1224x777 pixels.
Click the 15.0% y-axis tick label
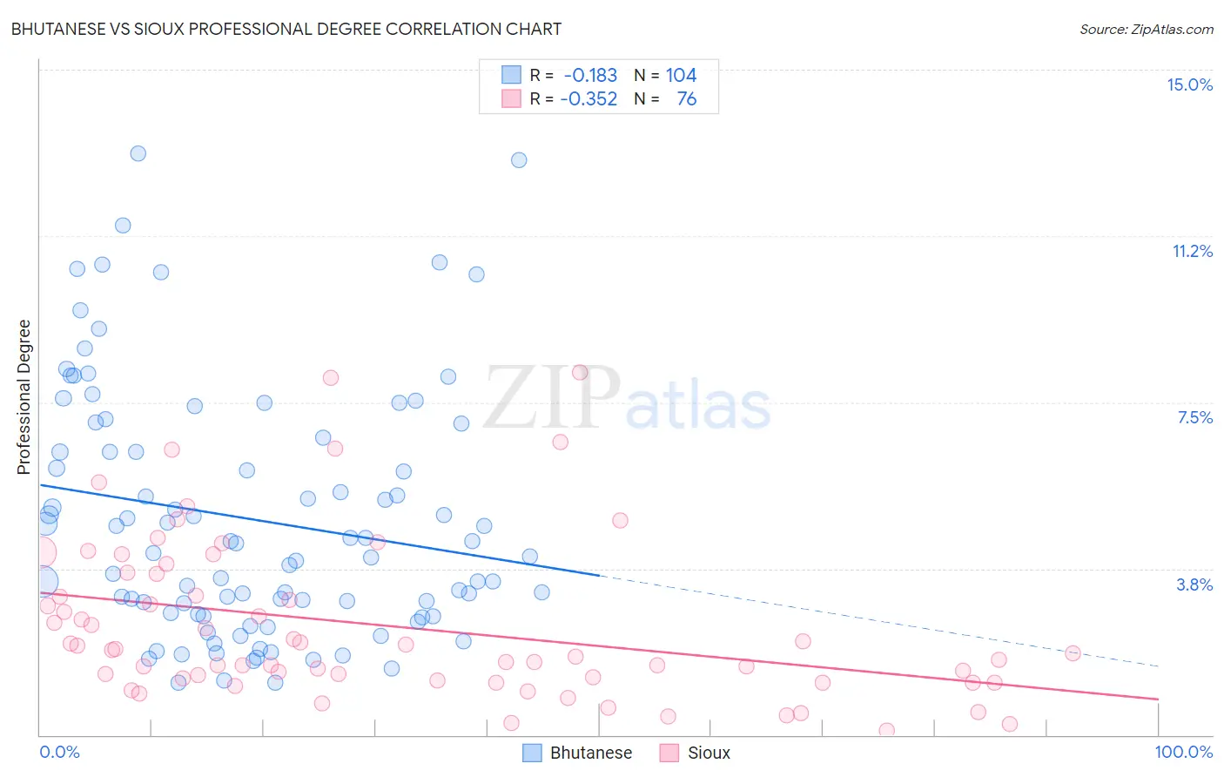coord(1189,84)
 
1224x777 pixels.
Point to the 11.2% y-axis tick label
coord(1192,251)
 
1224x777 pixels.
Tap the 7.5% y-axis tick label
coord(1194,417)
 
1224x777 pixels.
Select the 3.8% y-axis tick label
coord(1194,584)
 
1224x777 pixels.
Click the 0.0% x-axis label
coord(59,752)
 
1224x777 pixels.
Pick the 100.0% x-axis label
coord(1183,752)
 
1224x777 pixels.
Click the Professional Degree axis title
coord(24,397)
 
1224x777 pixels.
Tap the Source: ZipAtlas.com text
coord(1146,29)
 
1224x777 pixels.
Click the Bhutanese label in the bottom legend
coord(590,753)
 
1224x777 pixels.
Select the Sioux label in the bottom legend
coord(709,753)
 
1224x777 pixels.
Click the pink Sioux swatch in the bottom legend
coord(669,753)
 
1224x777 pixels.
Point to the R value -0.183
coord(590,75)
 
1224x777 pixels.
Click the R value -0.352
coord(588,98)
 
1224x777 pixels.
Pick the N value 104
coord(681,75)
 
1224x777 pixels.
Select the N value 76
coord(686,98)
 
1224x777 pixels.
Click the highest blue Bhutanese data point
coord(138,153)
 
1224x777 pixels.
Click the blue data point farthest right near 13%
coord(519,159)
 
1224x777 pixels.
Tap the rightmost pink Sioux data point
coord(1073,653)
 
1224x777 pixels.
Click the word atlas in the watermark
coord(698,406)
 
